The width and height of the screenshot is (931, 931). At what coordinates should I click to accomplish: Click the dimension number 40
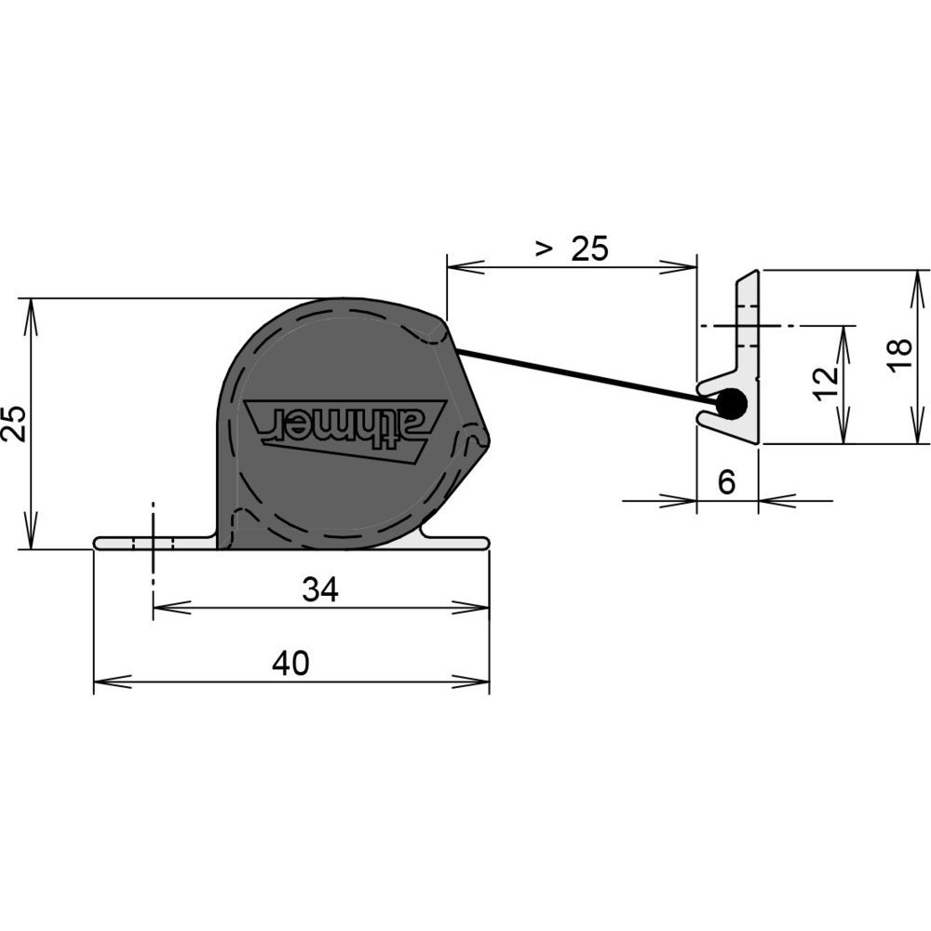pos(290,663)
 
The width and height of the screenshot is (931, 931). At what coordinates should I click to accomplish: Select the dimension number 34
pos(320,589)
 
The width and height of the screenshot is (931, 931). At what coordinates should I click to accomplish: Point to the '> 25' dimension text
pos(573,249)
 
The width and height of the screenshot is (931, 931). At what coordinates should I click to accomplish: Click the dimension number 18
pos(900,356)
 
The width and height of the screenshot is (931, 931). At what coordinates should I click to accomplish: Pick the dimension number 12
pos(826,385)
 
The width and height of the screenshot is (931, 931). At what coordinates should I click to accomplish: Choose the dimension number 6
pos(727,481)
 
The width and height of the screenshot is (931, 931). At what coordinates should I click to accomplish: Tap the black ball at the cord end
pos(732,404)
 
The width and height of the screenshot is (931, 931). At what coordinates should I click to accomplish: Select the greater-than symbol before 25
pos(542,249)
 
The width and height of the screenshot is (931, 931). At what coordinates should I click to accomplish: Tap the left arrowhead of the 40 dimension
pos(113,681)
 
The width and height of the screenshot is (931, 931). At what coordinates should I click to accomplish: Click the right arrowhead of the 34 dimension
pos(471,608)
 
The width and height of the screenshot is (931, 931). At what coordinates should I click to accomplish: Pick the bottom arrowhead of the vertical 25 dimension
pos(32,531)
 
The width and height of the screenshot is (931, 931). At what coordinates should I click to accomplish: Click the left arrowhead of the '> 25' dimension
pos(465,267)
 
